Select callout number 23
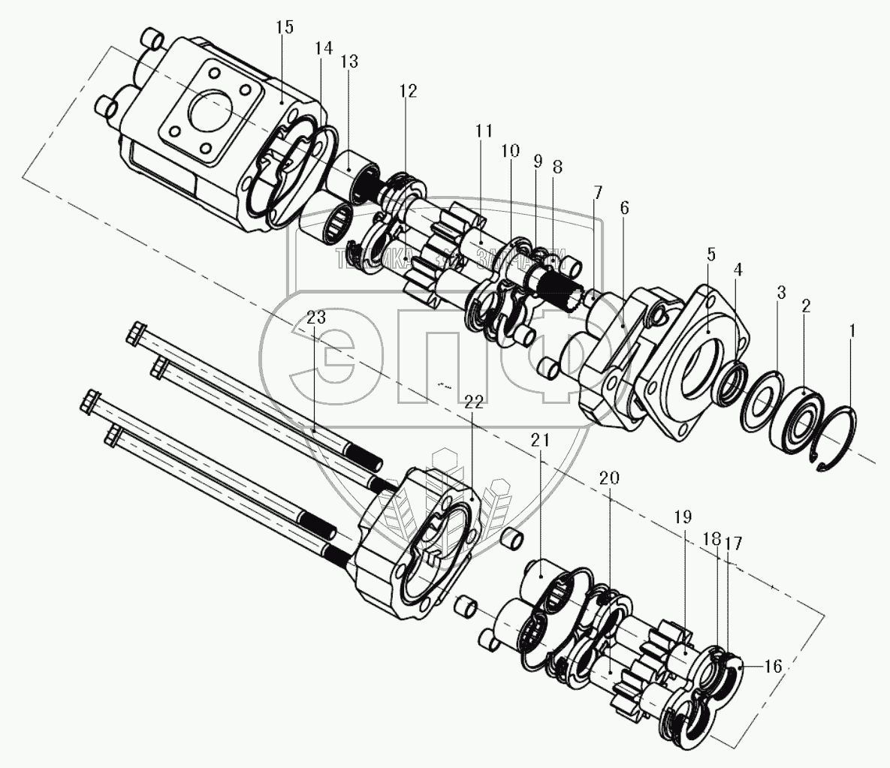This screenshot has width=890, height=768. pos(316,318)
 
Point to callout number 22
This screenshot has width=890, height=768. pos(472,402)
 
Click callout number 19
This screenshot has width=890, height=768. pos(683,517)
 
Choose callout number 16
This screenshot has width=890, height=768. pos(773,666)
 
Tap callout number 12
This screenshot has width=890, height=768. pos(408,91)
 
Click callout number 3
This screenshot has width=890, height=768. pos(781,292)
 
